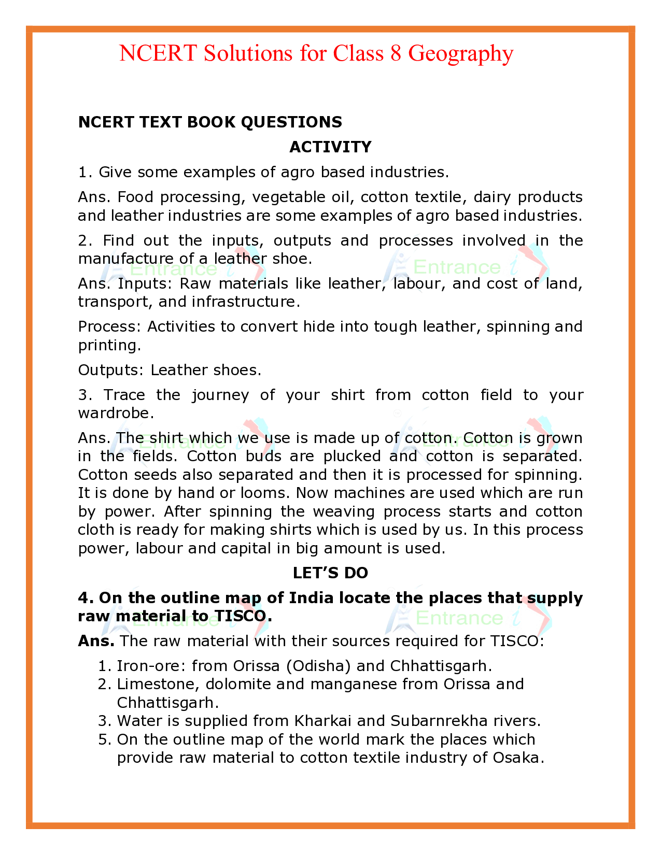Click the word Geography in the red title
[461, 53]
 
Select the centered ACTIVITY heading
[330, 147]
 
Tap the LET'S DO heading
[330, 573]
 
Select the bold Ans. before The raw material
[96, 641]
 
